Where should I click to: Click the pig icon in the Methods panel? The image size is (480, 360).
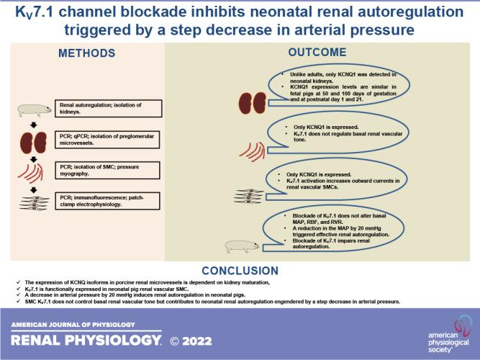[31, 110]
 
